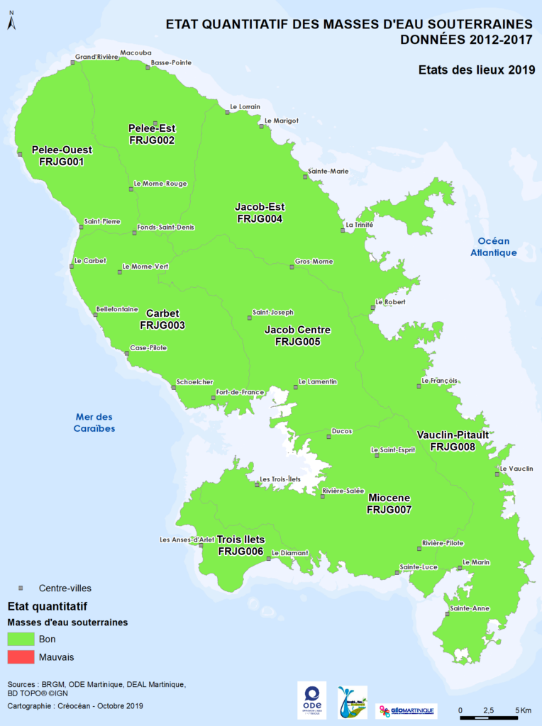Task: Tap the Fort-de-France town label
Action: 240,392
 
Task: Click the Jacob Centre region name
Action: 297,330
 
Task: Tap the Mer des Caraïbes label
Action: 94,423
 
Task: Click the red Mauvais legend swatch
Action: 21,657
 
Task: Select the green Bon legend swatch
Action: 21,639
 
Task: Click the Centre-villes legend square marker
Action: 21,588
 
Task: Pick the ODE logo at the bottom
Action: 311,701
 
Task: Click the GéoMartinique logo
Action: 406,710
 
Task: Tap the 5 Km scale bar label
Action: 524,710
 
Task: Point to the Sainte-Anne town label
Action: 469,608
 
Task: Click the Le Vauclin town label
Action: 516,469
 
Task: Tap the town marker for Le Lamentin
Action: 296,386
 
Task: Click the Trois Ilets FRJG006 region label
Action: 240,545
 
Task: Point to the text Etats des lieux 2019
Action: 475,69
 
